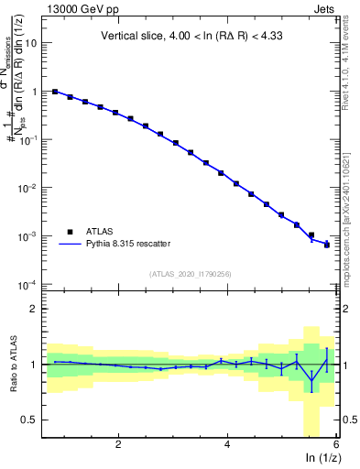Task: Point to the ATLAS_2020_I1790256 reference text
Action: [x=191, y=274]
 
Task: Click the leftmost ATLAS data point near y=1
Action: [x=55, y=92]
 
